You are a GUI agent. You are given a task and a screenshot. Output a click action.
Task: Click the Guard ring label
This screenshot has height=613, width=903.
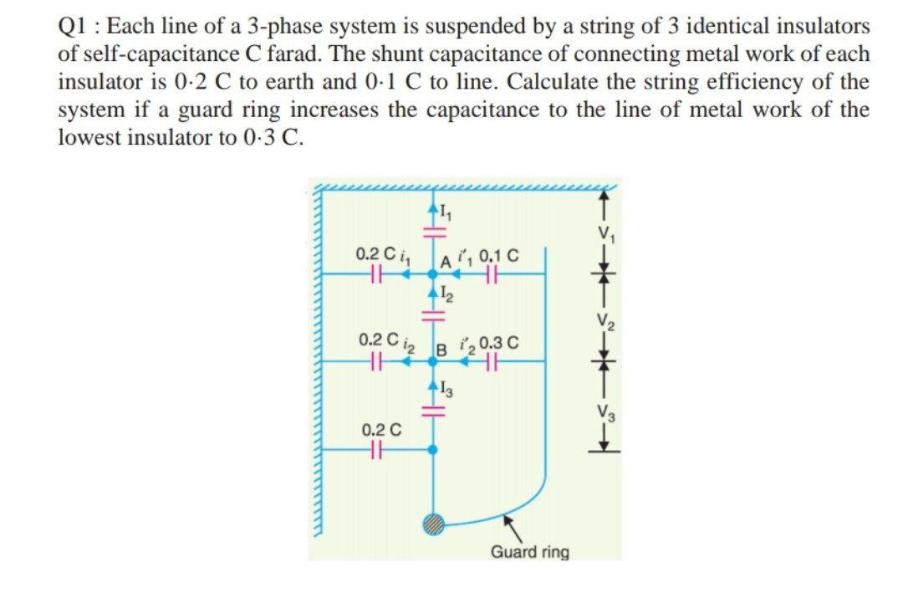(529, 553)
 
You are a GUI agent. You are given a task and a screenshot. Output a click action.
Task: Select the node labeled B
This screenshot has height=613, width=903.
(432, 360)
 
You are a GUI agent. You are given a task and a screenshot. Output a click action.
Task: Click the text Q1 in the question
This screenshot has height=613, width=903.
(74, 26)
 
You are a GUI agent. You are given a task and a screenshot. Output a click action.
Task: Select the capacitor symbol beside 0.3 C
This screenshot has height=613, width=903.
(493, 360)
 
